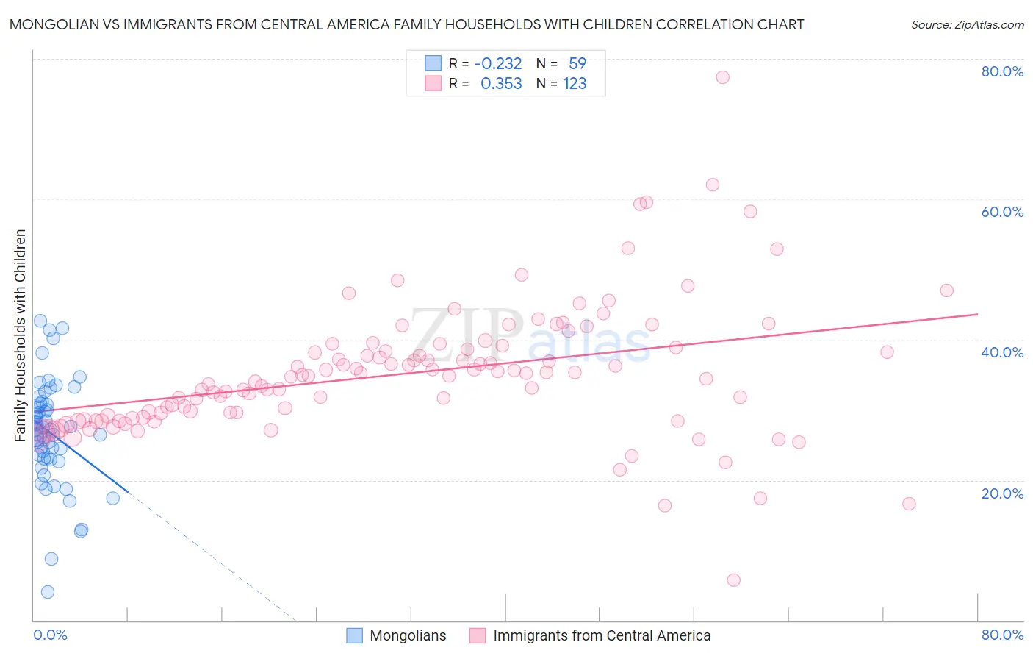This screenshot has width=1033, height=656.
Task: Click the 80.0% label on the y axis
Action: coord(1002,71)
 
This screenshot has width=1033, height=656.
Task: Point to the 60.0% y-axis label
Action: coord(1002,212)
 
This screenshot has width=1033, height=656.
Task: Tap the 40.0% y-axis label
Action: coord(1002,352)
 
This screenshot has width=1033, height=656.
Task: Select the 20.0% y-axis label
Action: coord(1002,493)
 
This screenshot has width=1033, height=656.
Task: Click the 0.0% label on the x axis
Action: coord(50,635)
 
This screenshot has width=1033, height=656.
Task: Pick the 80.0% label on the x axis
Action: coord(1002,635)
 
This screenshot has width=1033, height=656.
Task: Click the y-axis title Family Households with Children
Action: coord(21,335)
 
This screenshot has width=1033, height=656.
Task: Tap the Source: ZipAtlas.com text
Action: coord(967,24)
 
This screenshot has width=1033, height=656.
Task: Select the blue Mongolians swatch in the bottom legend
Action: coord(355,635)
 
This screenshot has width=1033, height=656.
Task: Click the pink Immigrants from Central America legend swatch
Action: coord(478,635)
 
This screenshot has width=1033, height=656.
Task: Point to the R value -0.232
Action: coord(498,64)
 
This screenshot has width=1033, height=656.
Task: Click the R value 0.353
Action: coord(501,84)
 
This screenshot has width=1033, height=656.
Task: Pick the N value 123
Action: coord(575,84)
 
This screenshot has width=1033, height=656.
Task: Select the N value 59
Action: coord(577,64)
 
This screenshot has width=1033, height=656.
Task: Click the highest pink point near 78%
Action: coord(722,77)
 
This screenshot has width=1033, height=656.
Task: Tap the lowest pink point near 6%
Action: coord(733,580)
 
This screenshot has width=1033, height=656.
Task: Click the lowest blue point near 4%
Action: coord(48,592)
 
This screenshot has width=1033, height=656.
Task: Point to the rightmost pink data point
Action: coord(946,290)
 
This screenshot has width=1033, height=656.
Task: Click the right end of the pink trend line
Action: coord(977,314)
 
